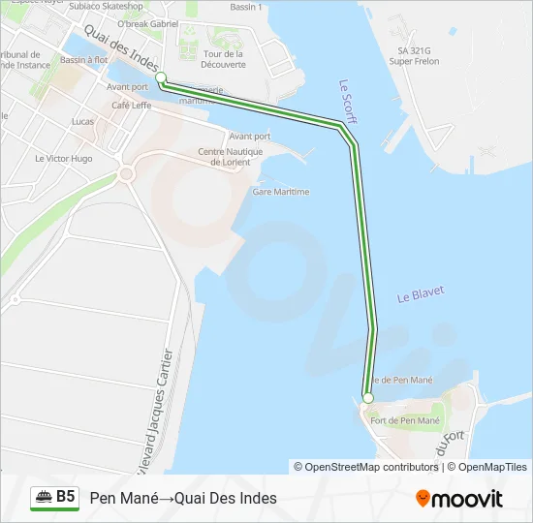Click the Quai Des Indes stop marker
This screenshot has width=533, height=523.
(x=161, y=78)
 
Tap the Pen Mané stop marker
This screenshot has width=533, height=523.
(x=367, y=398)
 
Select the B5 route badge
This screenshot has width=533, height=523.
(x=54, y=497)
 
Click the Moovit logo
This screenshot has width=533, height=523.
(x=459, y=499)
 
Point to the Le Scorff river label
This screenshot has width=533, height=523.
(x=349, y=101)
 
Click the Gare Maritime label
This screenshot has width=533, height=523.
(x=280, y=192)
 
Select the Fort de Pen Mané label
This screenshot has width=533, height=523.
(x=405, y=420)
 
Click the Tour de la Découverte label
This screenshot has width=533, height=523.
(x=224, y=59)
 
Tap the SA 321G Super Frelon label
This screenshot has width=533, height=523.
(x=414, y=55)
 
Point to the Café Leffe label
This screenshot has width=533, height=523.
(x=133, y=105)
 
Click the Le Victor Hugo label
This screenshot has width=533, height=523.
(x=63, y=158)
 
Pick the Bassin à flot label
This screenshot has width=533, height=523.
(x=83, y=60)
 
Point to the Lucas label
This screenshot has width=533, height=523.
(x=83, y=122)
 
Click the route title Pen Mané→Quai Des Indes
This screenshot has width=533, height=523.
(x=183, y=498)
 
